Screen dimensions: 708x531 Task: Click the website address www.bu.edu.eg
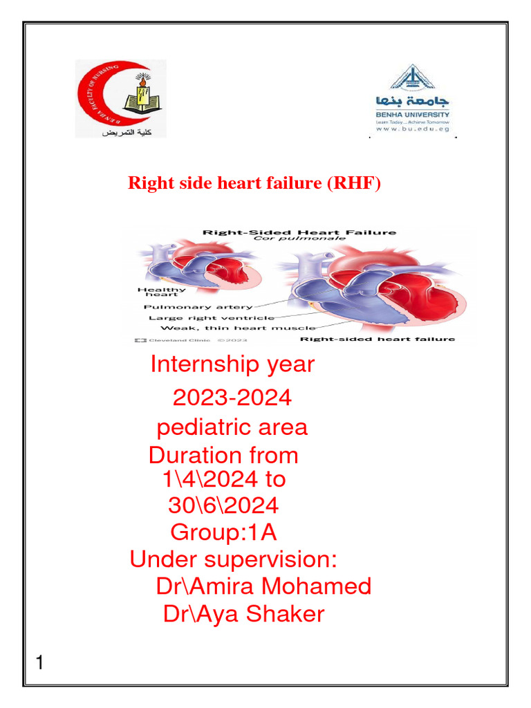tap(413, 129)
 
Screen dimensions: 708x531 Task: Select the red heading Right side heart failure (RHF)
tap(254, 185)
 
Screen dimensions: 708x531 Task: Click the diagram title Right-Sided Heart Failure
tap(299, 233)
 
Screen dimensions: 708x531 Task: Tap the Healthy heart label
tap(161, 292)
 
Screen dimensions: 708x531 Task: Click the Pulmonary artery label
tap(198, 306)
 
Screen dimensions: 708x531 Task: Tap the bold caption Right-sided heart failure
tap(377, 339)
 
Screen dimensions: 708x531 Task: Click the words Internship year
tap(232, 364)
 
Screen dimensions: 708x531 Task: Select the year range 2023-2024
tap(232, 398)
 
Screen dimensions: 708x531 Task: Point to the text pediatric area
tap(232, 427)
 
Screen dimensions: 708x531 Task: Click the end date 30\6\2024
tap(223, 505)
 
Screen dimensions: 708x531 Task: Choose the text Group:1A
tap(223, 532)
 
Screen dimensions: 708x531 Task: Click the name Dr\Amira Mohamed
tap(263, 586)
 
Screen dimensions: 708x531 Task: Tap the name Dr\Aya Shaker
tap(243, 614)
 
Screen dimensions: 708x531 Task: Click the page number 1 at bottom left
tap(39, 664)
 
